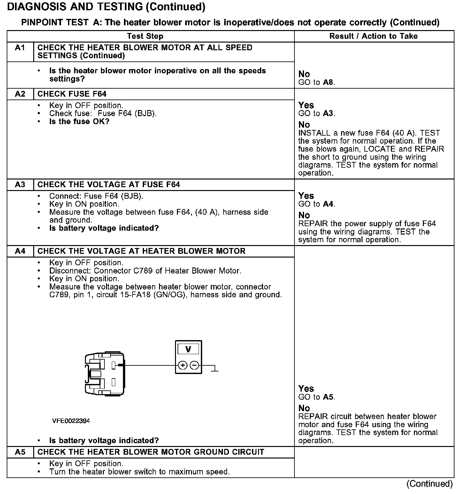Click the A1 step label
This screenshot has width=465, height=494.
tap(20, 48)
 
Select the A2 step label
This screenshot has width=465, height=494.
tap(20, 94)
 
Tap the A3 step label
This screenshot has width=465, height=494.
tap(20, 185)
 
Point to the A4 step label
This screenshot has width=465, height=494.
tap(20, 251)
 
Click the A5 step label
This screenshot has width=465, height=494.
tap(20, 452)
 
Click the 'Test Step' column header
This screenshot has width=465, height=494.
tap(145, 36)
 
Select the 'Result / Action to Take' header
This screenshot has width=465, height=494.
tap(373, 36)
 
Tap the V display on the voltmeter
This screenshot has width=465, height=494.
tap(188, 349)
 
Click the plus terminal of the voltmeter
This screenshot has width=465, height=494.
tap(182, 365)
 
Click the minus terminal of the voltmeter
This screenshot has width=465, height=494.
tap(194, 365)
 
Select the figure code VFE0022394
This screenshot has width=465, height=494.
tap(71, 421)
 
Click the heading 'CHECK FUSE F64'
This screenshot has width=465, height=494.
tap(72, 94)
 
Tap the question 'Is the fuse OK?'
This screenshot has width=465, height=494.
tap(79, 122)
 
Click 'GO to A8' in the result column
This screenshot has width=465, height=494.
tap(316, 82)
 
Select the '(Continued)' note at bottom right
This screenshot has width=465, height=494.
tap(430, 484)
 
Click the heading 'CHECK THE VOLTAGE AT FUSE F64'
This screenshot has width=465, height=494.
tap(109, 185)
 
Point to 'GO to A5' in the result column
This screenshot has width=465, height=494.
tap(316, 397)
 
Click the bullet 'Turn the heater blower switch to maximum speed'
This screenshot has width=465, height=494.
tap(140, 472)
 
